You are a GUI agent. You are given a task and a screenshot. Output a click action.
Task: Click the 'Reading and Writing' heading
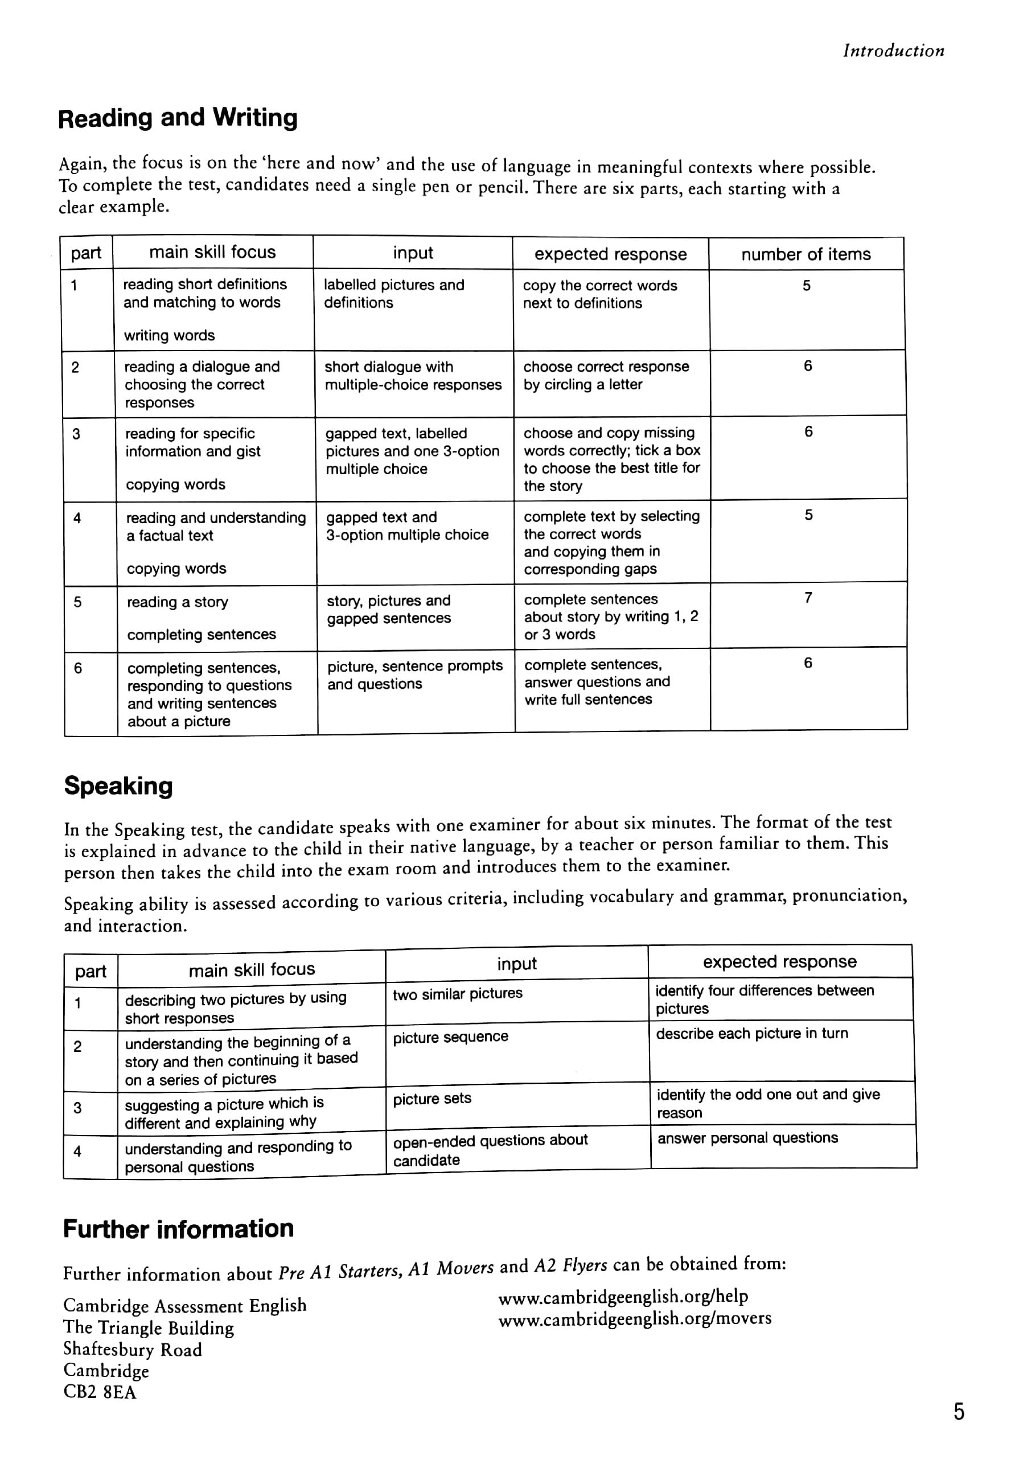[178, 118]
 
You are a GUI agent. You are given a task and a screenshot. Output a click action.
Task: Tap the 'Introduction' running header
[893, 51]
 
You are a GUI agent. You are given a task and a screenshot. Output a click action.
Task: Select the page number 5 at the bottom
[959, 1412]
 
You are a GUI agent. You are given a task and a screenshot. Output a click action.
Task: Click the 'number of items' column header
[805, 254]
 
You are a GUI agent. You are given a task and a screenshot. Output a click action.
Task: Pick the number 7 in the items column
[808, 598]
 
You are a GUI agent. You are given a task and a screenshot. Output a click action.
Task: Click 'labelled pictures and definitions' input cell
[393, 294]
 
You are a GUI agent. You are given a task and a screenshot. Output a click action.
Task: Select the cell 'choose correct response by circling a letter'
[606, 376]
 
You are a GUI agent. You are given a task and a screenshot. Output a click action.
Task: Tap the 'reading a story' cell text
[178, 602]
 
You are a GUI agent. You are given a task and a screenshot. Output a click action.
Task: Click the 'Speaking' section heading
[118, 786]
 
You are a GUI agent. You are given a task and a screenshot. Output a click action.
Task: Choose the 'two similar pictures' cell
[457, 993]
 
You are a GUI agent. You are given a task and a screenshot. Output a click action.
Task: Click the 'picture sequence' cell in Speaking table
[450, 1037]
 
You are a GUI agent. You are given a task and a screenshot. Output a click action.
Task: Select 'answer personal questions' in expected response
[747, 1138]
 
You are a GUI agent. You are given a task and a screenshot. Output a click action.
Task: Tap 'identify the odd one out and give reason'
[768, 1104]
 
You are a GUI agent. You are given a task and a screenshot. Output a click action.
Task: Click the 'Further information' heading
[179, 1229]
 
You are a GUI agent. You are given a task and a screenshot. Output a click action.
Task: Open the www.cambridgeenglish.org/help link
[623, 1297]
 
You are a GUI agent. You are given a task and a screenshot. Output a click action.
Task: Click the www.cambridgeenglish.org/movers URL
[635, 1319]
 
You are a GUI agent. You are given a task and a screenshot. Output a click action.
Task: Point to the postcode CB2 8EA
[100, 1392]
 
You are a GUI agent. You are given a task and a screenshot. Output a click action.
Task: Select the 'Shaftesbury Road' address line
[133, 1350]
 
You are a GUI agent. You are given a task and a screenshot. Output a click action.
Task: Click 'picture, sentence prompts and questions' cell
[414, 675]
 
